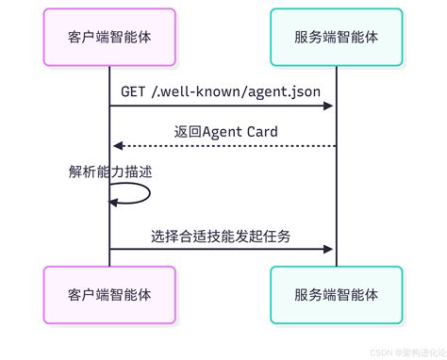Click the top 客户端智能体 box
pyautogui.click(x=109, y=37)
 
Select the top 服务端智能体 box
pyautogui.click(x=336, y=37)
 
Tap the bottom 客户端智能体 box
pyautogui.click(x=109, y=295)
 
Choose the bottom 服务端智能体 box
pyautogui.click(x=336, y=295)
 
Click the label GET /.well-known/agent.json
pyautogui.click(x=222, y=91)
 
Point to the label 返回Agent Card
pyautogui.click(x=226, y=132)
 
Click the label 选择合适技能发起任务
pyautogui.click(x=221, y=236)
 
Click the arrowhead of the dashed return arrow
pyautogui.click(x=117, y=146)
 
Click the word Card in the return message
pyautogui.click(x=259, y=132)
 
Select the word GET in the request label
pyautogui.click(x=133, y=91)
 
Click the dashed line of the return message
pyautogui.click(x=226, y=146)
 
